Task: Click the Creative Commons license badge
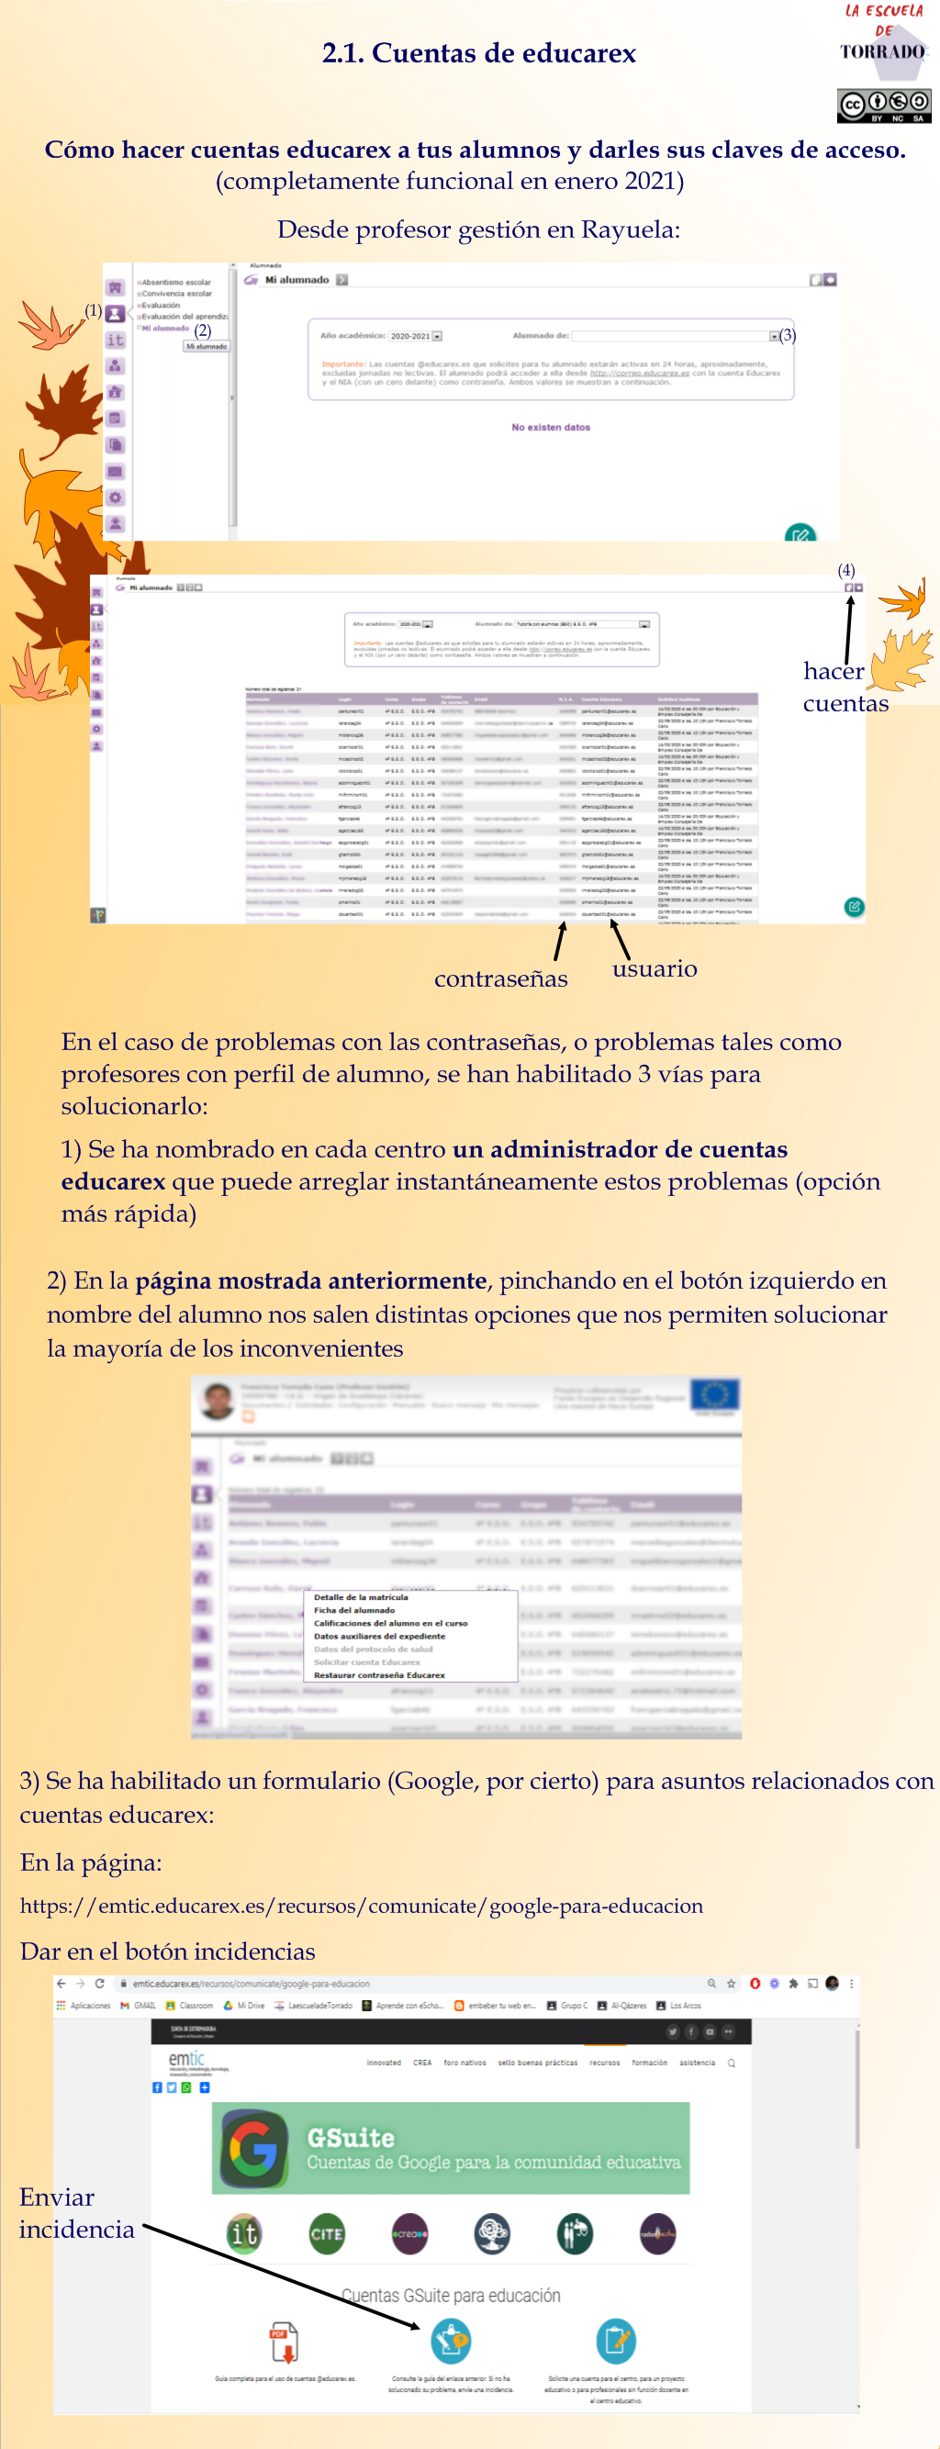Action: (x=883, y=106)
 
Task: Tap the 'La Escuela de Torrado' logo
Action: (x=883, y=33)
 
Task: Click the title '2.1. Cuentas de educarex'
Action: (x=478, y=53)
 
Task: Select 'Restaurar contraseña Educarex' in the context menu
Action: (x=379, y=1675)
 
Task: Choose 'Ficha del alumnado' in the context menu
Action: (x=353, y=1609)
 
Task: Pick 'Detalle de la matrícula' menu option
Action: (x=360, y=1597)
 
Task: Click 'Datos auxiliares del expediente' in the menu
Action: (x=379, y=1636)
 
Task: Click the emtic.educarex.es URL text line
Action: (x=361, y=1906)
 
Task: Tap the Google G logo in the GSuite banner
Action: (x=253, y=2148)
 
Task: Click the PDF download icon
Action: (x=284, y=2342)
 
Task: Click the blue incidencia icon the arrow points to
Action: (x=451, y=2340)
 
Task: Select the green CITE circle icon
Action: (x=326, y=2233)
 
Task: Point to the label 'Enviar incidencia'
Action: (x=76, y=2213)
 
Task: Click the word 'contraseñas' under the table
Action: (x=501, y=979)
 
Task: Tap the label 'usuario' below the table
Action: (x=654, y=968)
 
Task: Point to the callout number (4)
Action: (x=845, y=570)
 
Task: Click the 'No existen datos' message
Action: (x=550, y=428)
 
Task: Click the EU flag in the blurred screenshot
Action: (x=714, y=1394)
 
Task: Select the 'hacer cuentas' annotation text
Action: (x=844, y=687)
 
